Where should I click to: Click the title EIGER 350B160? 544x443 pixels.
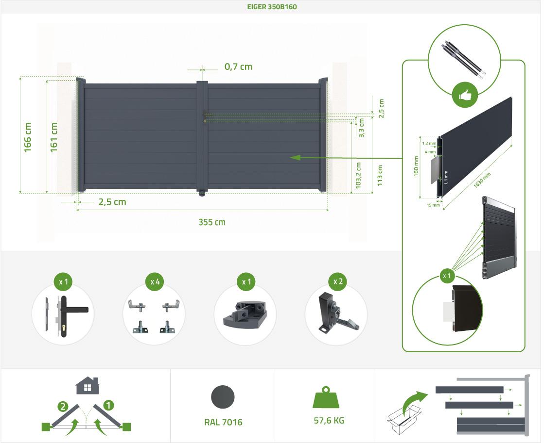272,7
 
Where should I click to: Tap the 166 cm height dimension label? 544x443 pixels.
28,137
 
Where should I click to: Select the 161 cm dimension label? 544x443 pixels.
54,137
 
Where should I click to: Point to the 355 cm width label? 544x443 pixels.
212,222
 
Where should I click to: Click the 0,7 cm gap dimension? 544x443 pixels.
238,66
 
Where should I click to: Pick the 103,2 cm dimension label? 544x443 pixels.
358,175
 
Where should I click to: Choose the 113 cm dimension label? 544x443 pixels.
380,175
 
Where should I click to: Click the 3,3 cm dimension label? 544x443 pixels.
362,128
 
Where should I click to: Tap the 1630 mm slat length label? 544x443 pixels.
482,180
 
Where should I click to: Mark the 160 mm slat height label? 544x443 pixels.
416,166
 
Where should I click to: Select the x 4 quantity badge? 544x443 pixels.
155,282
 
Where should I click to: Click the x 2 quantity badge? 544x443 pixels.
338,281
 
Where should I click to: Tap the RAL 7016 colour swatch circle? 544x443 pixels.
223,397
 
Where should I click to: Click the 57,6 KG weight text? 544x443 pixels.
329,421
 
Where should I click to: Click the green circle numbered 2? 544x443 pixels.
63,406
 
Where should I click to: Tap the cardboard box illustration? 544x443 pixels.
404,419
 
